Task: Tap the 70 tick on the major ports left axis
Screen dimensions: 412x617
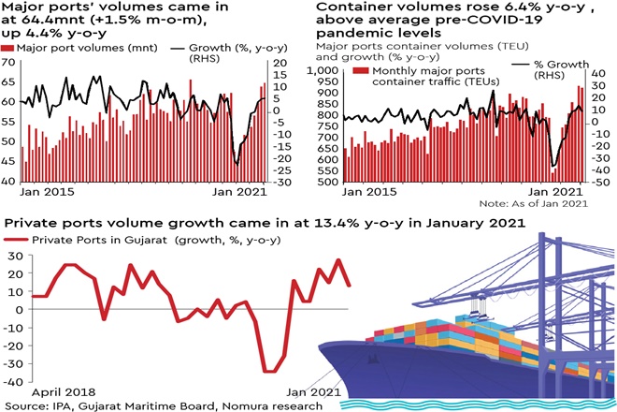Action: coord(9,63)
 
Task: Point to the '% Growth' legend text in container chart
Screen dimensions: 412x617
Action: coord(559,66)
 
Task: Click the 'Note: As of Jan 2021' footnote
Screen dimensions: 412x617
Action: coord(533,203)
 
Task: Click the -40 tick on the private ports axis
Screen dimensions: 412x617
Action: coord(13,381)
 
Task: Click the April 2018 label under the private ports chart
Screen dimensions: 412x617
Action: coord(65,391)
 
